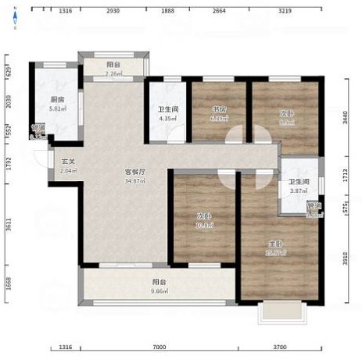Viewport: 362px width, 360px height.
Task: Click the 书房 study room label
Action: coord(220,109)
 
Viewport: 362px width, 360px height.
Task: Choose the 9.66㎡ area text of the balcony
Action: coord(159,290)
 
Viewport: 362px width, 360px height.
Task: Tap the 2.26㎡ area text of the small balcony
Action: coord(115,74)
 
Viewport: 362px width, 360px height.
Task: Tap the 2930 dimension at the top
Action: coord(113,11)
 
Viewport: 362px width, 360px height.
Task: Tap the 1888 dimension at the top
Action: coord(167,11)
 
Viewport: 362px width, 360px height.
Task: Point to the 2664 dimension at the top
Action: coord(218,11)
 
